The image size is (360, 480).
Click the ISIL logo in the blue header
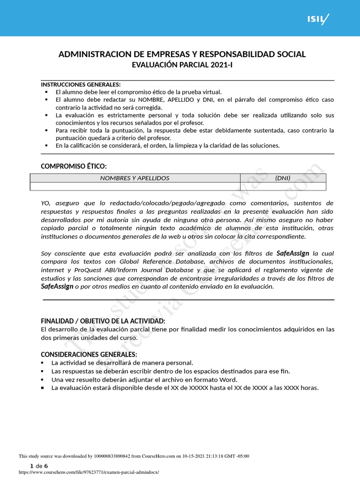pyautogui.click(x=318, y=19)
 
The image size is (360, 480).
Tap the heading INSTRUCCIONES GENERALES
pyautogui.click(x=81, y=84)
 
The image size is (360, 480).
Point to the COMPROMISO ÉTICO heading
pyautogui.click(x=74, y=166)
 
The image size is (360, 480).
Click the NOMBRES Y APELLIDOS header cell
pyautogui.click(x=135, y=178)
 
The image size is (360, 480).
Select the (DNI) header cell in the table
pyautogui.click(x=283, y=178)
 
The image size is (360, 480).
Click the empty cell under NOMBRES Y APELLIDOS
pyautogui.click(x=135, y=187)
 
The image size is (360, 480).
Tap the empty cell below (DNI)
pyautogui.click(x=283, y=187)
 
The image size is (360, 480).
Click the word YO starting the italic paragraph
pyautogui.click(x=45, y=203)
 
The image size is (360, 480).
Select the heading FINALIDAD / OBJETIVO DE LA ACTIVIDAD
pyautogui.click(x=103, y=321)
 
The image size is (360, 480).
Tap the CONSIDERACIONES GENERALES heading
pyautogui.click(x=89, y=354)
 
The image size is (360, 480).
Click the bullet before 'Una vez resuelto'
pyautogui.click(x=43, y=380)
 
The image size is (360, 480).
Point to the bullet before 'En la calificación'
pyautogui.click(x=46, y=146)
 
